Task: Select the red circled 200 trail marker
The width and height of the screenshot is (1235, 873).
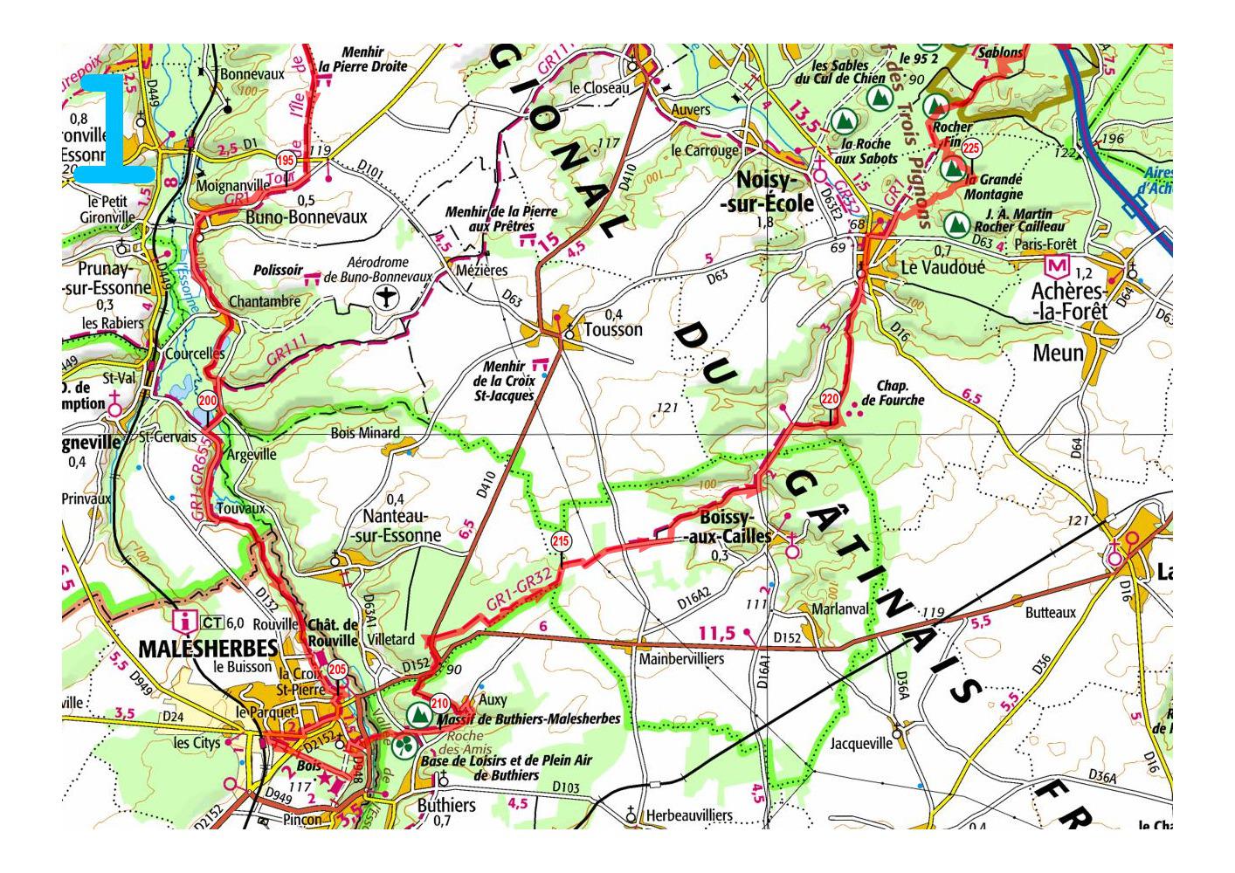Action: [x=207, y=402]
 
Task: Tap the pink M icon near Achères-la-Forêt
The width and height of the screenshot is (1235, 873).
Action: [x=1058, y=265]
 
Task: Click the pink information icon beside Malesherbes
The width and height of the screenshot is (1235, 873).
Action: [x=185, y=622]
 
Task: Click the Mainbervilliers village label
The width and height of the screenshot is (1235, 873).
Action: [x=681, y=659]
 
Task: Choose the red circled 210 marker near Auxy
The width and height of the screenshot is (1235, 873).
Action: [x=439, y=704]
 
